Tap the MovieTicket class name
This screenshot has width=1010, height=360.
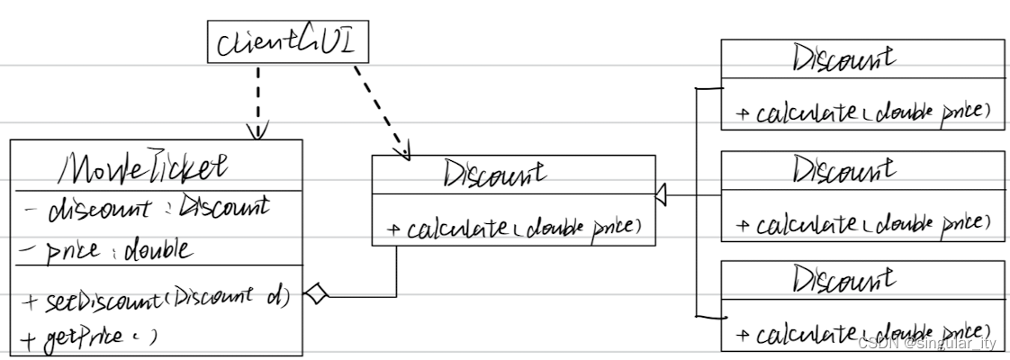click(x=144, y=167)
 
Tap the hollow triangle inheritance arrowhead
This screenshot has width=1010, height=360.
click(x=661, y=193)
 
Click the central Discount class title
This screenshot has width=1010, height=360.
click(x=494, y=173)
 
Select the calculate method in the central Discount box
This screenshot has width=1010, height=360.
click(x=514, y=229)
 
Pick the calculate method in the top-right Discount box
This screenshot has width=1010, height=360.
click(x=862, y=113)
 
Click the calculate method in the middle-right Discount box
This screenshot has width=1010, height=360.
click(x=862, y=224)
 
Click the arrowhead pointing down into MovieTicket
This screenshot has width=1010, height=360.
click(x=257, y=132)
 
